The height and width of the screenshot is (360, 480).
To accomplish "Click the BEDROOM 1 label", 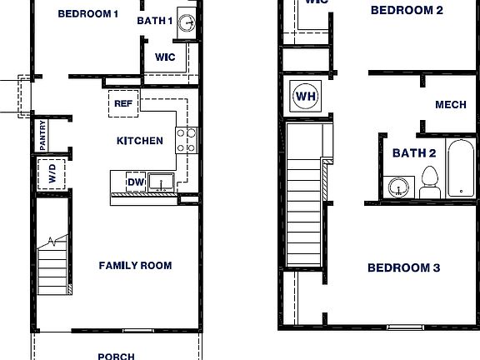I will (x=88, y=14).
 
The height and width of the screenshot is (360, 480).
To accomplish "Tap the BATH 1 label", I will (x=154, y=21).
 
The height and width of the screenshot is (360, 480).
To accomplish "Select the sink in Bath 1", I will (x=187, y=22).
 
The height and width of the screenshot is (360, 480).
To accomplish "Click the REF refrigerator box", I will (x=123, y=104).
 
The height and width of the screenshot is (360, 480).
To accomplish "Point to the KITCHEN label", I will (x=140, y=141).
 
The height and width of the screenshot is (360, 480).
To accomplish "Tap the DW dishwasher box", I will (x=135, y=182).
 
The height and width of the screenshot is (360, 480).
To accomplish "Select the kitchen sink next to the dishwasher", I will (x=161, y=182).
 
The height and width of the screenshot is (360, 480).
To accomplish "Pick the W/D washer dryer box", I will (x=51, y=175).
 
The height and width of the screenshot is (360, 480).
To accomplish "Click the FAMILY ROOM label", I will (x=135, y=266).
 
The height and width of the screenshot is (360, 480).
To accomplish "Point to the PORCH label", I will (x=116, y=356).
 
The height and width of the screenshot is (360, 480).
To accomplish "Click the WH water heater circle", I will (x=306, y=97).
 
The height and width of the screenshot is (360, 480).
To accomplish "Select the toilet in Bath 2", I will (x=430, y=182).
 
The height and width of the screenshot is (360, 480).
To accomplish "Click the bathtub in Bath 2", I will (x=461, y=169).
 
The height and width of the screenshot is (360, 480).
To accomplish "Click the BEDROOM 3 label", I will (x=404, y=268).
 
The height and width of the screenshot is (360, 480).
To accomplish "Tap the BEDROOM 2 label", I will (x=407, y=10).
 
